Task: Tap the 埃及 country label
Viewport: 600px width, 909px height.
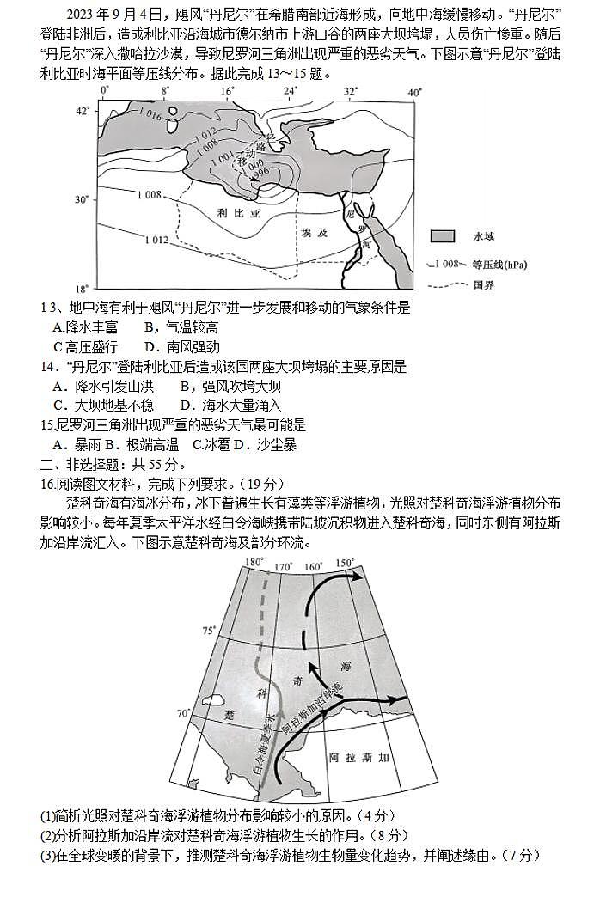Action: click(x=315, y=233)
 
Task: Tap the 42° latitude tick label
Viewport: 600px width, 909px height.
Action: click(x=82, y=111)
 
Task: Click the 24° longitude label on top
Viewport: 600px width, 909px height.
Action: click(x=290, y=91)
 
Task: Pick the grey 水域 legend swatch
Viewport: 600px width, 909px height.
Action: click(x=443, y=236)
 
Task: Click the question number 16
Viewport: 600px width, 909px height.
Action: click(x=48, y=484)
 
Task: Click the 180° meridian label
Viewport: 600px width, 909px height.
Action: click(x=253, y=563)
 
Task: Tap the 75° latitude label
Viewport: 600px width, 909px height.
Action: click(x=209, y=631)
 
